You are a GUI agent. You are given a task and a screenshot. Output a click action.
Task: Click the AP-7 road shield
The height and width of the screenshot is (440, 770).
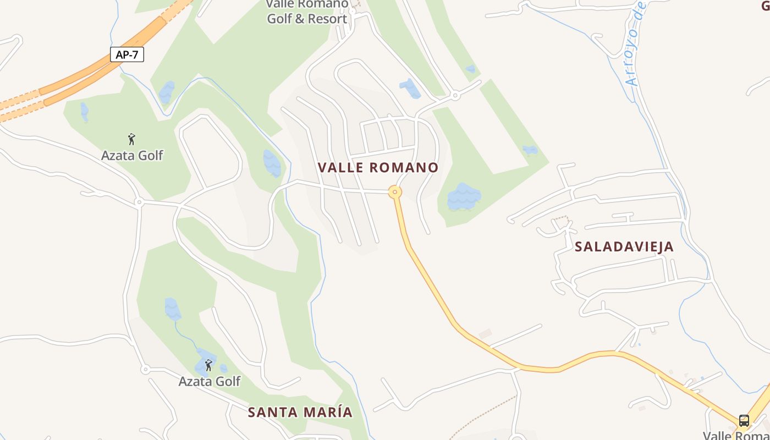point(127,55)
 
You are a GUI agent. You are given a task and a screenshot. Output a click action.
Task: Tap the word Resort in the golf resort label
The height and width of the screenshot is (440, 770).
point(327,19)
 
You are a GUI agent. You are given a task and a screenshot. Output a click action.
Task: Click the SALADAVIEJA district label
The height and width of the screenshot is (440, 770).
point(624,246)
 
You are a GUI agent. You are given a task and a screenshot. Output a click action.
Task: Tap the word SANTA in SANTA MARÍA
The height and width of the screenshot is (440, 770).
point(272,412)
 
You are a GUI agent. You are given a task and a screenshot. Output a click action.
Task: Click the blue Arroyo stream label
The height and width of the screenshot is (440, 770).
point(636,44)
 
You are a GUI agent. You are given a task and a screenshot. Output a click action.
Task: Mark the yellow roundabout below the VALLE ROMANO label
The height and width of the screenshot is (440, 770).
point(395,192)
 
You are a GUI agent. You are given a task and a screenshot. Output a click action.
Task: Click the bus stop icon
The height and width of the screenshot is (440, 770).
point(744,421)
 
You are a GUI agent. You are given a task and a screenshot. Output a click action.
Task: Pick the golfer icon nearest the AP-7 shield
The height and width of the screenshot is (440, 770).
point(131,139)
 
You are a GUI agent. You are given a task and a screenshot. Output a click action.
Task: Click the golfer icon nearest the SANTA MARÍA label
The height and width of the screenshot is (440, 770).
point(208,365)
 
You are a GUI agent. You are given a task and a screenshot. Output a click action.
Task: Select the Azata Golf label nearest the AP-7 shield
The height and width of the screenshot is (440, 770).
point(132,156)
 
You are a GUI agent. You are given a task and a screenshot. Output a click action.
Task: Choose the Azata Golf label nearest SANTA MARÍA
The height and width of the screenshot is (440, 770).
point(210,381)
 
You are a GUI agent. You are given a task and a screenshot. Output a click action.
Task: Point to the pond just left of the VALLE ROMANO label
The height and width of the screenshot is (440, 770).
point(272,163)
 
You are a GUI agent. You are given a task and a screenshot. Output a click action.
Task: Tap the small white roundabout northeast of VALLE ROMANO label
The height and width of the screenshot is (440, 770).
point(455,96)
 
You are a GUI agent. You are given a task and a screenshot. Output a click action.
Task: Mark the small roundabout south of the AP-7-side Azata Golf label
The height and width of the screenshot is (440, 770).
point(139,202)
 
